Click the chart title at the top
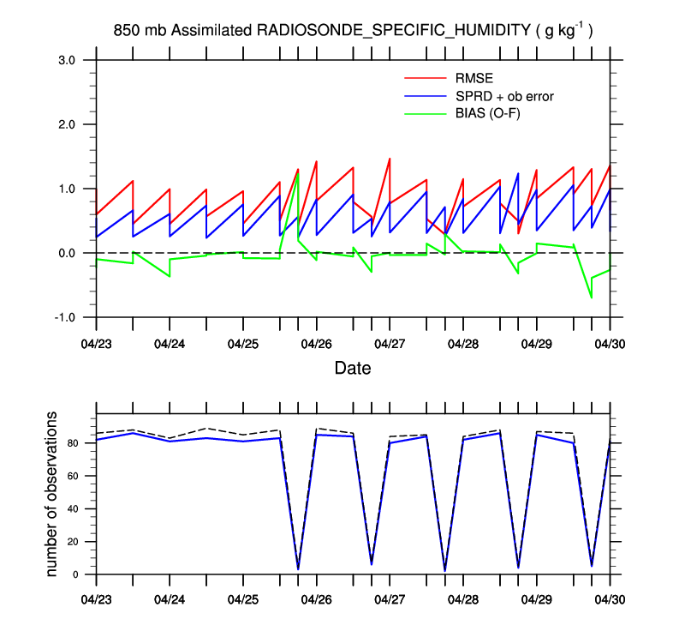pyautogui.click(x=354, y=31)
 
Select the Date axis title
pyautogui.click(x=353, y=370)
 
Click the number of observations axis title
pyautogui.click(x=53, y=493)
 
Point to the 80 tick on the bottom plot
pyautogui.click(x=74, y=443)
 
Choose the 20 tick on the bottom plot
pyautogui.click(x=74, y=542)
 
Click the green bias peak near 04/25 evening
pyautogui.click(x=298, y=174)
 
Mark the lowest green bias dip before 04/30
pyautogui.click(x=591, y=297)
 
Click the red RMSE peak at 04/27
pyautogui.click(x=390, y=159)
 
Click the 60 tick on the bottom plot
pyautogui.click(x=74, y=476)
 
